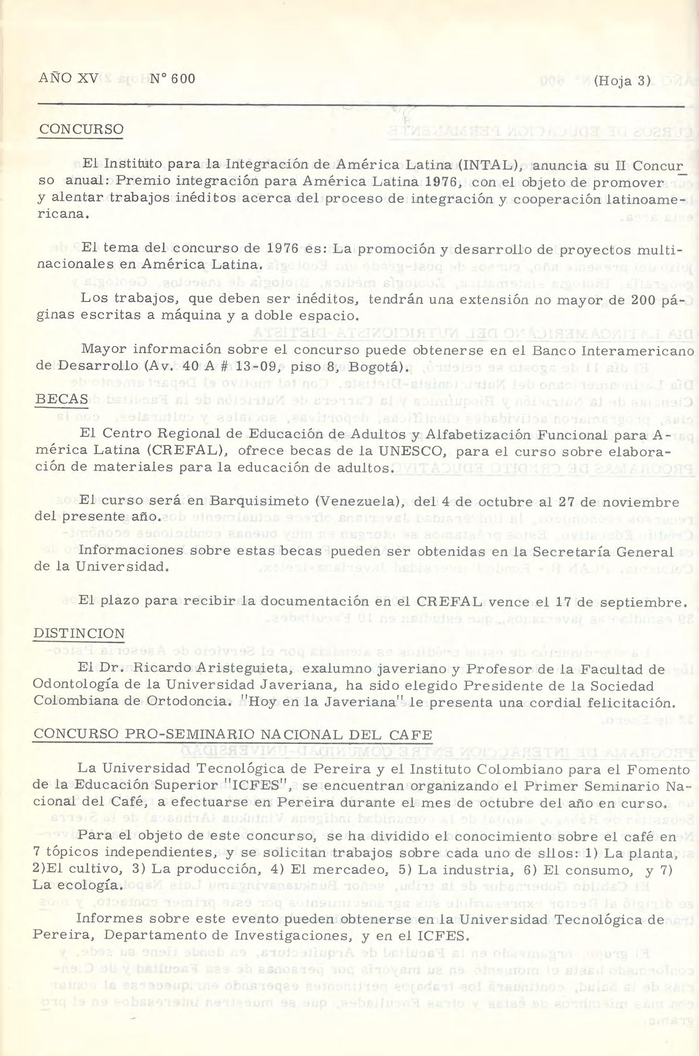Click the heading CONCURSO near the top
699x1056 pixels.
(81, 129)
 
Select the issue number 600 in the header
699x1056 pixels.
(179, 79)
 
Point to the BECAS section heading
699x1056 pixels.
(62, 399)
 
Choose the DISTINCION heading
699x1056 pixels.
(79, 634)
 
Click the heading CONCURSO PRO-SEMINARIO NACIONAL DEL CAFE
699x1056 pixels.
(233, 735)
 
